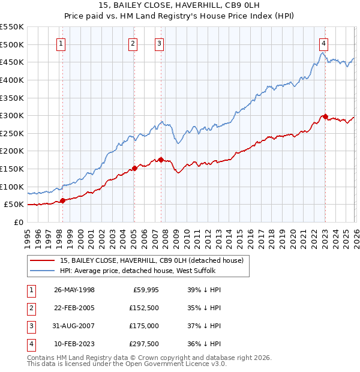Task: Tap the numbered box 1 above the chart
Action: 62,43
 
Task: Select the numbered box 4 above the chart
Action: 323,43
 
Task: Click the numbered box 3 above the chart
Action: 160,43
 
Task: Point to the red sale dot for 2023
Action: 325,116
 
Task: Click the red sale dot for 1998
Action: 62,200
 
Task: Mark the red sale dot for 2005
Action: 134,168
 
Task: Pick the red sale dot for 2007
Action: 161,160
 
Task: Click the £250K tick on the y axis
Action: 13,133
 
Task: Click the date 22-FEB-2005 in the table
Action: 74,308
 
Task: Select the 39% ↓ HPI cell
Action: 204,290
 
